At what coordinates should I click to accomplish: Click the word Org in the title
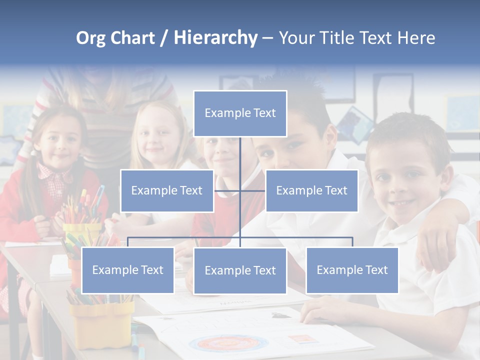click(90, 38)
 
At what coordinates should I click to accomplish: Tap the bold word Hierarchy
click(215, 38)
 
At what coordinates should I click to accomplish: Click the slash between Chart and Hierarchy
click(164, 38)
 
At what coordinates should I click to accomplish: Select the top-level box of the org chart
click(240, 113)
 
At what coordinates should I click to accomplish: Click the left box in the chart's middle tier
click(167, 190)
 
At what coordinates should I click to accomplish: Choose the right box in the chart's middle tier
click(312, 190)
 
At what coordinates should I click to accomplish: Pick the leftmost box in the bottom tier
click(128, 270)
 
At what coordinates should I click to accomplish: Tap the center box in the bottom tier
click(240, 270)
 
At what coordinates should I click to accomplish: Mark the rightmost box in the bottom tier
click(352, 270)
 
